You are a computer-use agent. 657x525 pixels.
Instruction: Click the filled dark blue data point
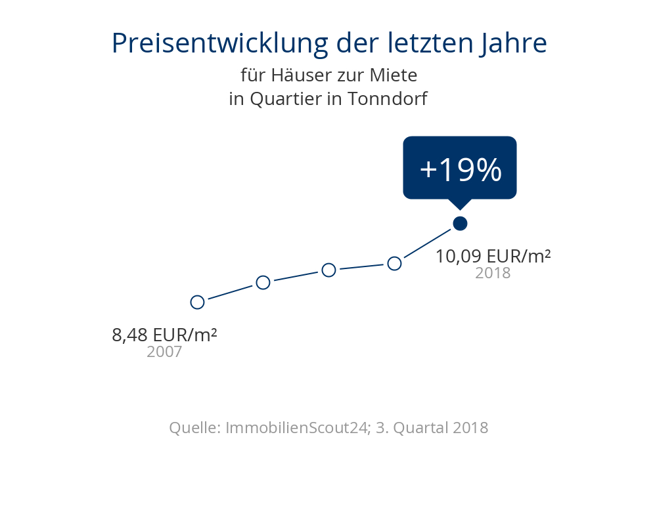click(x=460, y=223)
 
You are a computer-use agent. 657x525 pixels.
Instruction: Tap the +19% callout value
click(x=460, y=170)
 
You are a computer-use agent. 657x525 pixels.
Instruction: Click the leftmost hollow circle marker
click(x=197, y=302)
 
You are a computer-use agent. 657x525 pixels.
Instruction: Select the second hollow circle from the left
click(x=263, y=282)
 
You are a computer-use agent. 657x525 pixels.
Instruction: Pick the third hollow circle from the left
click(x=328, y=270)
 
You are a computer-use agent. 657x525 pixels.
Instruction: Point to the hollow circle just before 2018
click(x=394, y=263)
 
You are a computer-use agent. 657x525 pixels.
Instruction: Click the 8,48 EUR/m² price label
click(x=164, y=335)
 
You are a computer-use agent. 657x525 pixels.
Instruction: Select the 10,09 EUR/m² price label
click(x=493, y=256)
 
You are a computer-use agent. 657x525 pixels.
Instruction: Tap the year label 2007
click(x=164, y=352)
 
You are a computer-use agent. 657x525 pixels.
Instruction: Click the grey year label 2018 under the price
click(x=493, y=273)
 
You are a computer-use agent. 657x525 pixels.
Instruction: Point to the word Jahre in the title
click(x=516, y=43)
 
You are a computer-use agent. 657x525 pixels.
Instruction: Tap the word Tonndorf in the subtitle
click(x=387, y=99)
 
